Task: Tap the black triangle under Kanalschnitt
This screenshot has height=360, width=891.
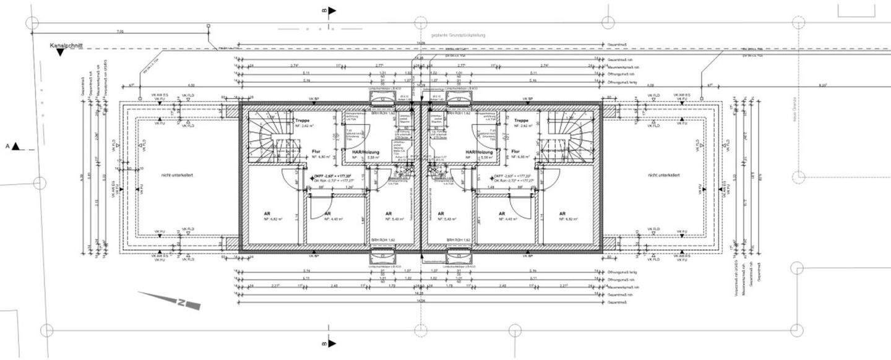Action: pos(60,53)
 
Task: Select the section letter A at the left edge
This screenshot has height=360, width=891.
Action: pos(9,147)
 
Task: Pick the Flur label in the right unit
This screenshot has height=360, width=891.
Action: pos(515,151)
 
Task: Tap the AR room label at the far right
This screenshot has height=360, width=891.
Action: pos(562,213)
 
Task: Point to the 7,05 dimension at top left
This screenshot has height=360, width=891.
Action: pos(120,31)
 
